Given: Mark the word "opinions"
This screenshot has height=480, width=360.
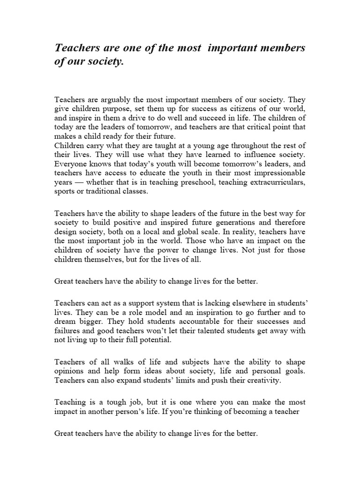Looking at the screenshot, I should pyautogui.click(x=71, y=371).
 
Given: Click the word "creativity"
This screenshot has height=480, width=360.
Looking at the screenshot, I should pyautogui.click(x=261, y=380).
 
